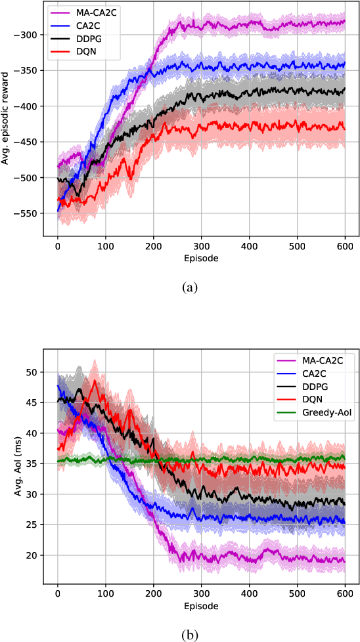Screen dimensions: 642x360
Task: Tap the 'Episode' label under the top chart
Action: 201,258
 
